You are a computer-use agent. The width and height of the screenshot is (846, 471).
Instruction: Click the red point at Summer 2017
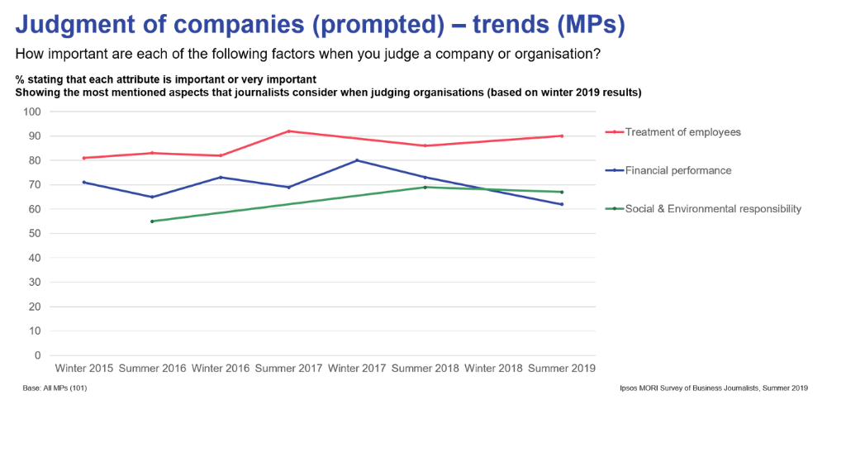(x=289, y=131)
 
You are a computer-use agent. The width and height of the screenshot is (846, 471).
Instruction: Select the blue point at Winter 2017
(x=357, y=160)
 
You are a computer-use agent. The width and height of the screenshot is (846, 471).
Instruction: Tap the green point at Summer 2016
(x=152, y=221)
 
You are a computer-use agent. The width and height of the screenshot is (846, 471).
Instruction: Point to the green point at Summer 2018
(x=425, y=187)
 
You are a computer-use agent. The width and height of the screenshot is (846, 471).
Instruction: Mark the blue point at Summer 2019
(x=562, y=204)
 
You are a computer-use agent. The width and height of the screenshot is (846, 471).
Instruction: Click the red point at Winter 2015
(x=83, y=158)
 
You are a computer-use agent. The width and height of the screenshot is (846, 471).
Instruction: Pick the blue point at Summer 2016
(x=152, y=197)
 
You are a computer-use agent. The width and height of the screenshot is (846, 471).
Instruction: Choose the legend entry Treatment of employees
(x=682, y=132)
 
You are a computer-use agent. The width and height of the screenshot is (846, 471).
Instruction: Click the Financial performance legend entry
(x=677, y=170)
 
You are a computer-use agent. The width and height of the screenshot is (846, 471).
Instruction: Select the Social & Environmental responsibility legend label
(x=712, y=209)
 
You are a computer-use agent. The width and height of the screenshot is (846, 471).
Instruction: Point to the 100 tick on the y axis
(x=32, y=112)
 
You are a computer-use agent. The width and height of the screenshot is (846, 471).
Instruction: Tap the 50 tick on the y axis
(x=35, y=234)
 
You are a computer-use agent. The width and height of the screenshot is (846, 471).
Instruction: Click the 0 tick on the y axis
(x=37, y=355)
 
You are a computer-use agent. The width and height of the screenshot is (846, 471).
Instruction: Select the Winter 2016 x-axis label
(x=221, y=369)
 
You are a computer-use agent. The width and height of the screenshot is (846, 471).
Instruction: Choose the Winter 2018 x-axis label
(x=493, y=369)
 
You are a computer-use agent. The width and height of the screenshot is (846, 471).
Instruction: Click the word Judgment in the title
(x=69, y=26)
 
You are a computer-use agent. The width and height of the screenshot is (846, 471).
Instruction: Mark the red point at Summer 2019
(x=562, y=136)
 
